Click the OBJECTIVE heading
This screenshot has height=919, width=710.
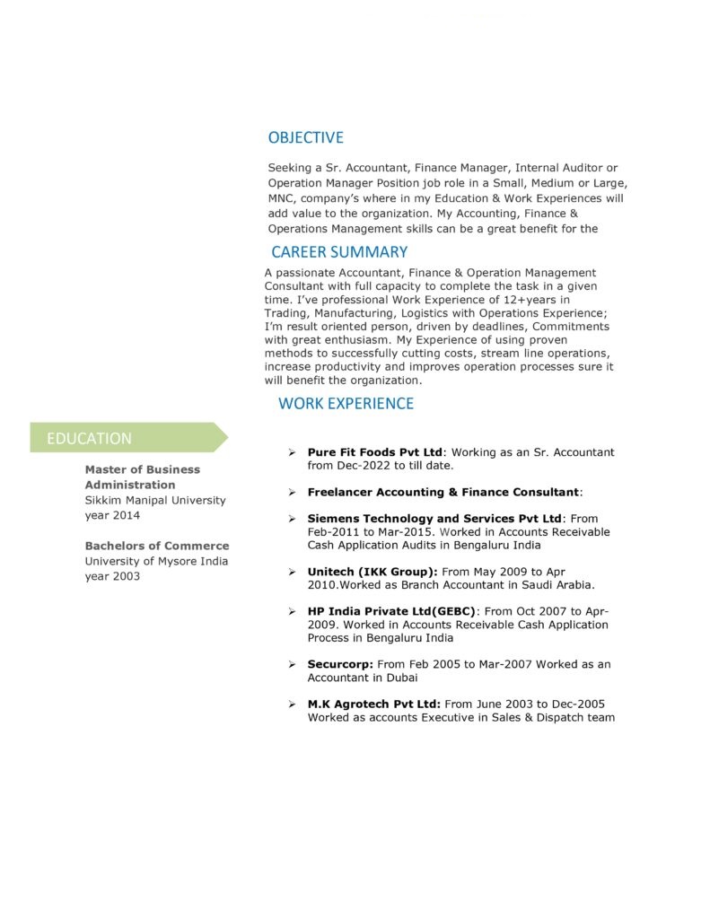tap(305, 137)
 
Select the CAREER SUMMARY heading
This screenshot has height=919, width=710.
tap(338, 252)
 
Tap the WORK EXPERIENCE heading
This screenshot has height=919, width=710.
tap(346, 403)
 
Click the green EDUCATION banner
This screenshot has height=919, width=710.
tap(126, 438)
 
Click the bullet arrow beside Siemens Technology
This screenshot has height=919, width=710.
tap(292, 519)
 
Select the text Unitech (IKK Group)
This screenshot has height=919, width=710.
tap(373, 572)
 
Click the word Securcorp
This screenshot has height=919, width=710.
tap(340, 664)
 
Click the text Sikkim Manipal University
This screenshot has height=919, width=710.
tap(155, 500)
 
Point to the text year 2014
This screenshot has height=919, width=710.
tap(112, 515)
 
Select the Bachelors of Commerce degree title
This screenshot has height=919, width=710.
tap(157, 546)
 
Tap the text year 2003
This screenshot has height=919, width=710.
tap(112, 576)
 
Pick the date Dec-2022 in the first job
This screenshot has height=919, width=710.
tap(362, 466)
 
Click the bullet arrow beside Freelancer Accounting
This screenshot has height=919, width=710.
tap(292, 493)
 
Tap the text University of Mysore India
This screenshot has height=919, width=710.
tap(156, 561)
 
